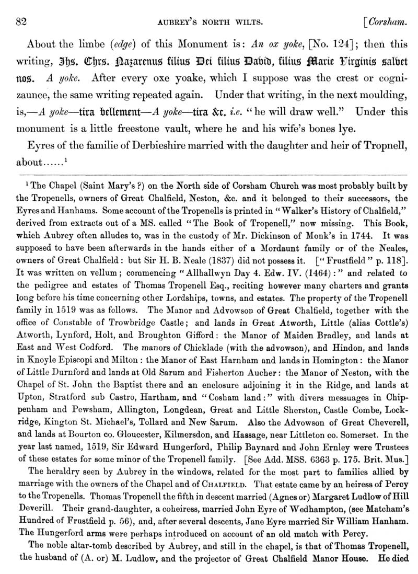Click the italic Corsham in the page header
387,22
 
